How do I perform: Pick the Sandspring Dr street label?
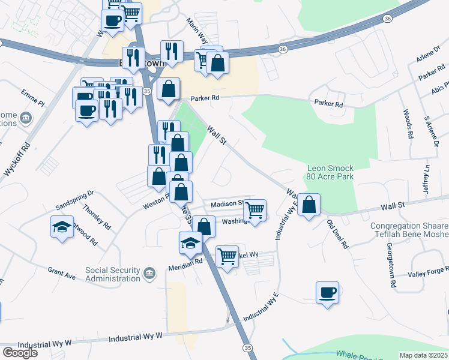[75, 194]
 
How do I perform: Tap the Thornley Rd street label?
[97, 217]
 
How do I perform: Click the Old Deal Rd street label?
[337, 234]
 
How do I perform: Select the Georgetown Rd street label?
[390, 256]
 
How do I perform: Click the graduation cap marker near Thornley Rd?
[62, 227]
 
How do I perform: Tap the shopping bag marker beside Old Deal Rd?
[309, 205]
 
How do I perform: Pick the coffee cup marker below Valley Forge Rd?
[327, 293]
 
